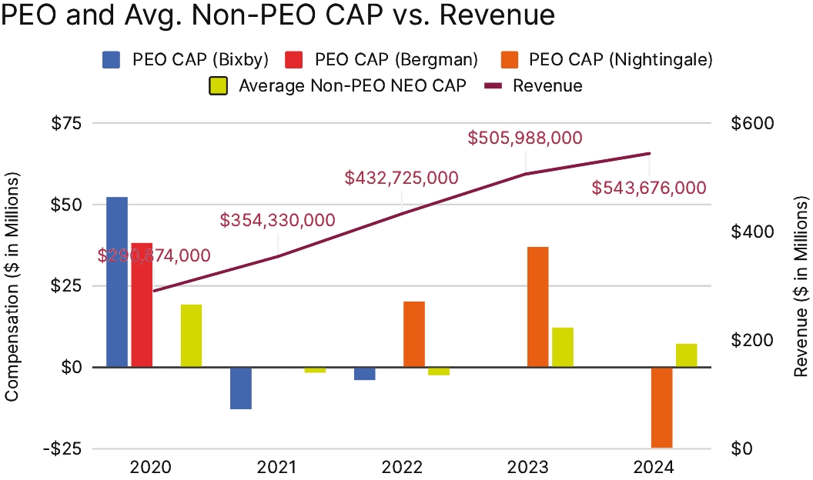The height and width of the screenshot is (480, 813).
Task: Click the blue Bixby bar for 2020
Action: tap(117, 282)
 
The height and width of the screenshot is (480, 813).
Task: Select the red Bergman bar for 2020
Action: tap(142, 305)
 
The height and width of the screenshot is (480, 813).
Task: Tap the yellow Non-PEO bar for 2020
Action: tap(191, 335)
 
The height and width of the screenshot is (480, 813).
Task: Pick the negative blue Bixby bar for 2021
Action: tap(241, 388)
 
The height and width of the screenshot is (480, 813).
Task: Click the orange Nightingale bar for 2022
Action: tap(414, 334)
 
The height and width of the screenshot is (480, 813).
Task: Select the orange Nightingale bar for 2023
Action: tap(538, 307)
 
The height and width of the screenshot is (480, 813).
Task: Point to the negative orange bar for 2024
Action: tap(662, 407)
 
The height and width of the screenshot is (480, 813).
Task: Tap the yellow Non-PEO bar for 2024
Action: tap(687, 355)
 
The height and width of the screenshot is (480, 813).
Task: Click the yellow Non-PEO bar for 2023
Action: tap(563, 347)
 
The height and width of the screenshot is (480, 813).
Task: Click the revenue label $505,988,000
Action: tap(525, 138)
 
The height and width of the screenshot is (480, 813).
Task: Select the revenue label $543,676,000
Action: tap(649, 188)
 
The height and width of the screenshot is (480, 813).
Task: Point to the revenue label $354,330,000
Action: tap(277, 221)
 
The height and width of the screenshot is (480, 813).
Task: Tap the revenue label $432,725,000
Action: tap(401, 178)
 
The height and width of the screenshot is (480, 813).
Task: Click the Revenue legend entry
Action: tap(536, 85)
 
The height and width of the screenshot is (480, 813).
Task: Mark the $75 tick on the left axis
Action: tap(69, 124)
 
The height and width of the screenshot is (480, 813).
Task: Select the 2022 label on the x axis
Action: tap(401, 468)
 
